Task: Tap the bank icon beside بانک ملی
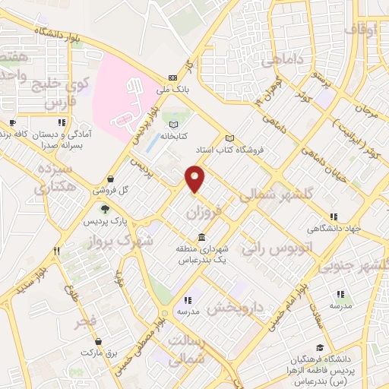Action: tap(172, 78)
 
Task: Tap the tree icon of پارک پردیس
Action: tap(105, 209)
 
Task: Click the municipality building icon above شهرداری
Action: tap(201, 236)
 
